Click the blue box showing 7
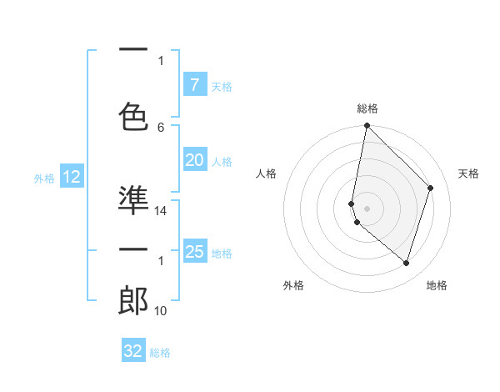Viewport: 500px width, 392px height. point(194,85)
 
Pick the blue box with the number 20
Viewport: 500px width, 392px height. point(194,161)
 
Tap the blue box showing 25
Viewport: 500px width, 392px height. point(194,252)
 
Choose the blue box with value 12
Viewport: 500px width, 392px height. point(71,177)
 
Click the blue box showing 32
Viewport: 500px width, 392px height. point(133,351)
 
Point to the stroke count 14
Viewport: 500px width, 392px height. point(161,211)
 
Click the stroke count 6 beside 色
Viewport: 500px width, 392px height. point(161,127)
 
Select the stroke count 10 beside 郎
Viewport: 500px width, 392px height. point(161,311)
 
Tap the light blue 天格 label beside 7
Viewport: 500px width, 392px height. point(222,86)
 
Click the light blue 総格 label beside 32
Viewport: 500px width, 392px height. point(160,353)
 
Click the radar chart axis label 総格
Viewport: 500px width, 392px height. point(367,108)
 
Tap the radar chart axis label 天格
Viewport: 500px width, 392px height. point(469,173)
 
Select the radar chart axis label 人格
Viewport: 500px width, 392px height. point(266,173)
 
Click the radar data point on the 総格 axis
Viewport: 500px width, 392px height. point(367,125)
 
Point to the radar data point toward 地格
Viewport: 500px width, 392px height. point(406,263)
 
